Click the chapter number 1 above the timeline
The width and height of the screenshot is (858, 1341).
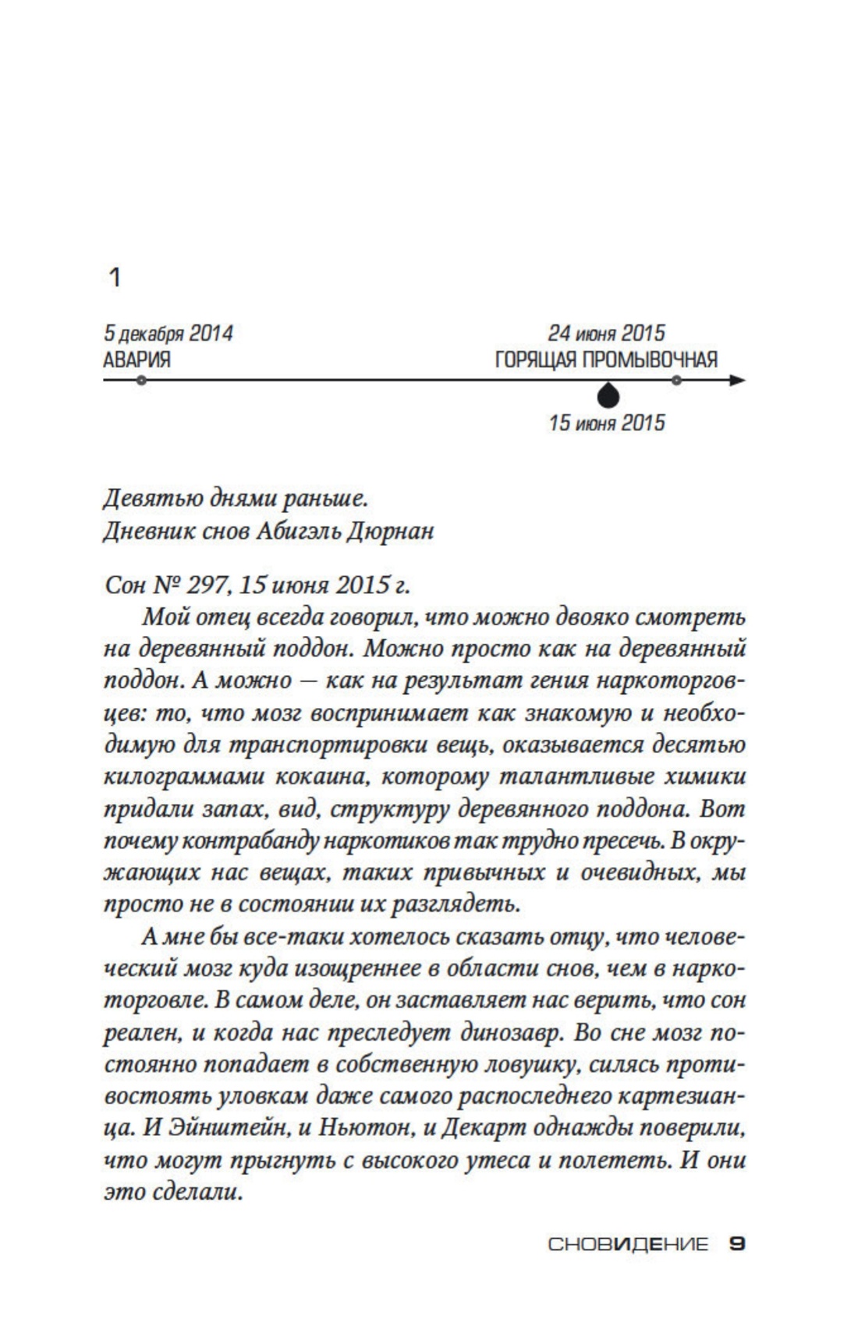[x=115, y=278]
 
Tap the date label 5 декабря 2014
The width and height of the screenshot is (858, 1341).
[x=168, y=334]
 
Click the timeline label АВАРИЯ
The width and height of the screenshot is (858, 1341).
[x=136, y=360]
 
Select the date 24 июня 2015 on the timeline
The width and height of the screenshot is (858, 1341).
[x=606, y=334]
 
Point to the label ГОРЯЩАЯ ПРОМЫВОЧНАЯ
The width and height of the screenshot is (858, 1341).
[x=606, y=360]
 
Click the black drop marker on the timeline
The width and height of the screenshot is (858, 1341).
[x=608, y=395]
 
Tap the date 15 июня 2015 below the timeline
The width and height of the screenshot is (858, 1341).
[x=607, y=423]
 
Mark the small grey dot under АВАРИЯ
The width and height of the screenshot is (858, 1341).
[x=140, y=380]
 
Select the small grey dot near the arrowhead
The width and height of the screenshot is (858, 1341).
[x=676, y=380]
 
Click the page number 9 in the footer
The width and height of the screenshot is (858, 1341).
[x=736, y=1244]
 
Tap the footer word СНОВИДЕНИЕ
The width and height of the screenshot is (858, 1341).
[x=628, y=1245]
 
